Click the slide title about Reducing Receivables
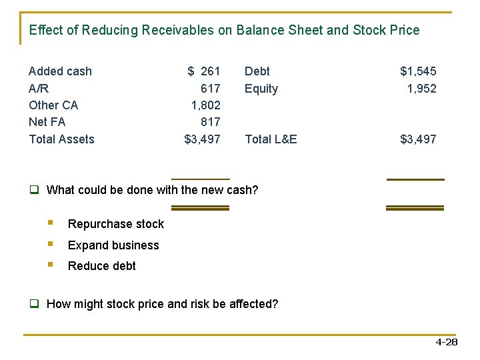(x=224, y=31)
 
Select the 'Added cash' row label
(x=60, y=71)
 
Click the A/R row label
(x=39, y=89)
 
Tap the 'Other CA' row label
(x=53, y=105)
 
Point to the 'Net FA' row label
(x=47, y=122)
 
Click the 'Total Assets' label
(x=61, y=139)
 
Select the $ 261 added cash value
(x=203, y=71)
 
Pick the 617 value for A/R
(x=210, y=89)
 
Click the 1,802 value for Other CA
(x=205, y=105)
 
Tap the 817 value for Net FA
(x=210, y=122)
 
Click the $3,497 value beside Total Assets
(x=202, y=139)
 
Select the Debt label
(x=257, y=71)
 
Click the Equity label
(x=261, y=89)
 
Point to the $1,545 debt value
(x=418, y=71)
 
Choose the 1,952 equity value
(x=421, y=89)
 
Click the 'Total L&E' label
(x=271, y=139)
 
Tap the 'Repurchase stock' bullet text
(x=115, y=224)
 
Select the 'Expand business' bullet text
(x=113, y=245)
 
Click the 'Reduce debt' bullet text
(x=101, y=266)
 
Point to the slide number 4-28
(x=446, y=343)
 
